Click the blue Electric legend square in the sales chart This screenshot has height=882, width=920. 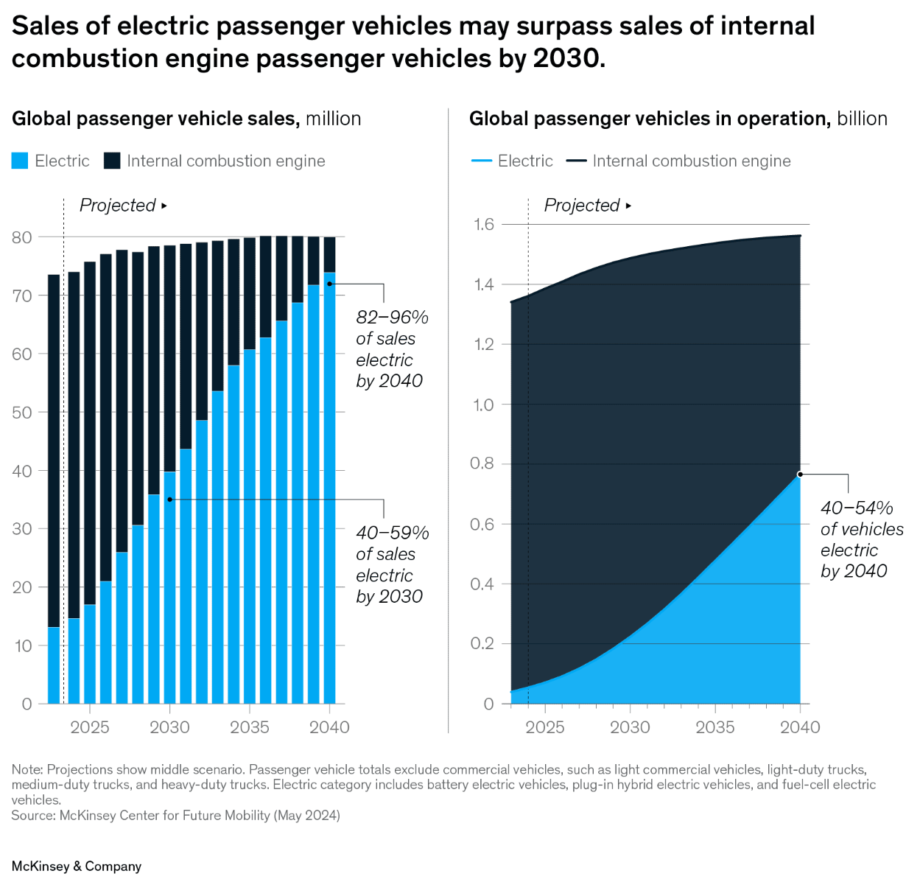pyautogui.click(x=20, y=161)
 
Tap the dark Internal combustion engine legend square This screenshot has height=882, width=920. pyautogui.click(x=112, y=161)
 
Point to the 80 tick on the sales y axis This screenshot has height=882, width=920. pyautogui.click(x=22, y=237)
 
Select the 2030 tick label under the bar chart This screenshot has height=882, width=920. pyautogui.click(x=169, y=727)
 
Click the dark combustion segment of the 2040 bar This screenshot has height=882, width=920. pyautogui.click(x=329, y=254)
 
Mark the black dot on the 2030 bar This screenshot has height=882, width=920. pyautogui.click(x=169, y=500)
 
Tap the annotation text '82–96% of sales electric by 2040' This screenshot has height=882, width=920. pyautogui.click(x=390, y=349)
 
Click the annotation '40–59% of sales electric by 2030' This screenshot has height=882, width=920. pyautogui.click(x=390, y=564)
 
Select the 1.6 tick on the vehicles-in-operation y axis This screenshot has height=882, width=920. pyautogui.click(x=483, y=224)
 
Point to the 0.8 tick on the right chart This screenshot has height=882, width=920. pyautogui.click(x=483, y=463)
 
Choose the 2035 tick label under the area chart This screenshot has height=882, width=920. pyautogui.click(x=714, y=727)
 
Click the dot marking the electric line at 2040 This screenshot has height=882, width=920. pyautogui.click(x=800, y=475)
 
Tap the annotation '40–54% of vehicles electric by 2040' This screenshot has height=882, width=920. pyautogui.click(x=860, y=539)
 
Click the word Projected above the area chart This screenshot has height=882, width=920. pyautogui.click(x=582, y=206)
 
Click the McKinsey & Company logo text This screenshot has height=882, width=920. pyautogui.click(x=77, y=867)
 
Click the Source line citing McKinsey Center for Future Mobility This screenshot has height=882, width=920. pyautogui.click(x=175, y=815)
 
